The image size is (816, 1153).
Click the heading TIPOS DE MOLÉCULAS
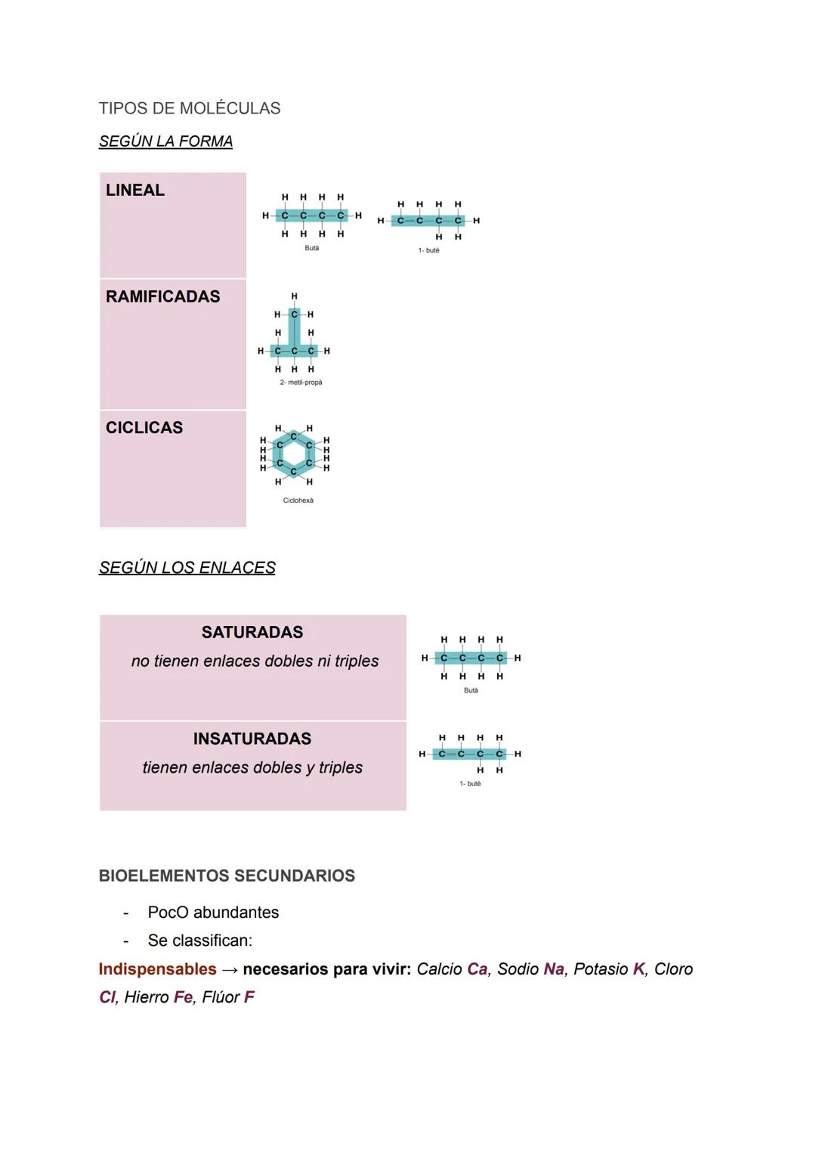189,108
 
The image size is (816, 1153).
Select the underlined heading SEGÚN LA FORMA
165,141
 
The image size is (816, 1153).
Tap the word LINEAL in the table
135,191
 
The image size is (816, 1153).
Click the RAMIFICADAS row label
162,296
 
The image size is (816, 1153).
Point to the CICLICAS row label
144,428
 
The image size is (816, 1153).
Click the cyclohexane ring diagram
295,454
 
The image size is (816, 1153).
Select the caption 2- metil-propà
301,383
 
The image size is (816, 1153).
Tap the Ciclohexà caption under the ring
298,501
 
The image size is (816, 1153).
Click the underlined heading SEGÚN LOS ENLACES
187,568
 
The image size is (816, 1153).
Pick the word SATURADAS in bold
252,632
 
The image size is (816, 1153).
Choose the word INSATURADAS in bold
252,739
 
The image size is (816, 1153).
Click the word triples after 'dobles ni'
357,661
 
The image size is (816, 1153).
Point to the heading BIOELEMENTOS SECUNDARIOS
227,876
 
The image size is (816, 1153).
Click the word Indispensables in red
157,969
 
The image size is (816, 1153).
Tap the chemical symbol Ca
478,969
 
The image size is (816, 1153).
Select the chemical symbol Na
554,969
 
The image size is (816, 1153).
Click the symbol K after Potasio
638,969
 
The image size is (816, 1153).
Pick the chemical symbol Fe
183,997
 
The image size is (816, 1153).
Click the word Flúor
221,997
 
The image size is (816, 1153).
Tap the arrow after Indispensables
230,970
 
